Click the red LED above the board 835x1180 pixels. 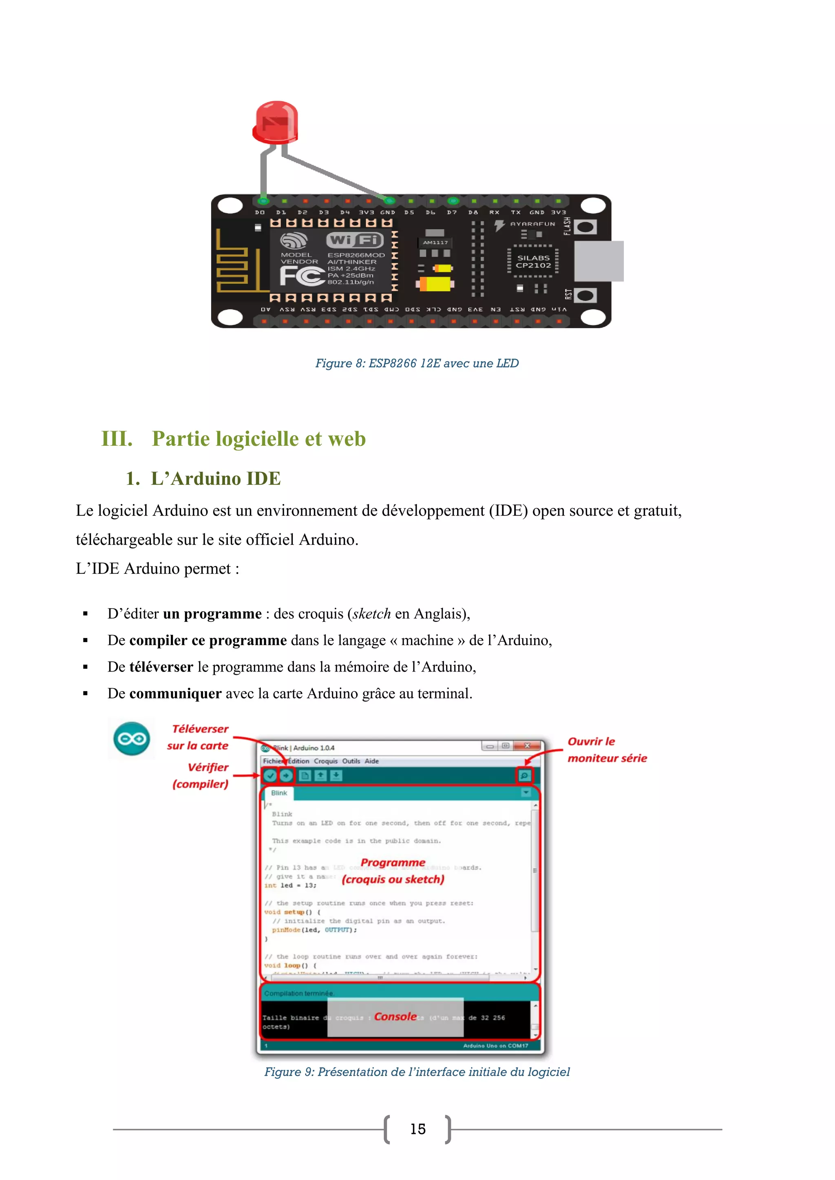tap(276, 122)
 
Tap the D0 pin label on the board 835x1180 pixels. tap(260, 212)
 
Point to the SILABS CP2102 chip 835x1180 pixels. tap(533, 262)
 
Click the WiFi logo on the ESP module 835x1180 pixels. tap(355, 240)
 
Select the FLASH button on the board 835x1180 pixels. tap(585, 227)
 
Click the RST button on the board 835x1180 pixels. tap(585, 295)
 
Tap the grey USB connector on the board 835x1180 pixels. tap(599, 261)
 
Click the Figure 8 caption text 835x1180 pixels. tap(417, 363)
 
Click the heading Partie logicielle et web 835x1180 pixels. tap(258, 439)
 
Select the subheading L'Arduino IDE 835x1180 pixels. tap(215, 478)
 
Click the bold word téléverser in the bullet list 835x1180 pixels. tap(161, 667)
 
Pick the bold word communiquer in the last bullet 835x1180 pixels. tap(175, 694)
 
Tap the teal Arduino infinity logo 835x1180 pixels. tap(132, 739)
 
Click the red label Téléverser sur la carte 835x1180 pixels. tap(199, 737)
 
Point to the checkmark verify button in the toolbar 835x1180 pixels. tap(270, 775)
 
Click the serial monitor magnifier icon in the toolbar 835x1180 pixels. tap(524, 775)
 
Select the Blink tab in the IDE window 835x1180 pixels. tap(279, 793)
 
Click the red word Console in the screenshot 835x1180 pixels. tap(395, 1017)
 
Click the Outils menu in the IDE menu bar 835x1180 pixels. tap(351, 761)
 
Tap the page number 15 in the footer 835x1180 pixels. tap(417, 1129)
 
